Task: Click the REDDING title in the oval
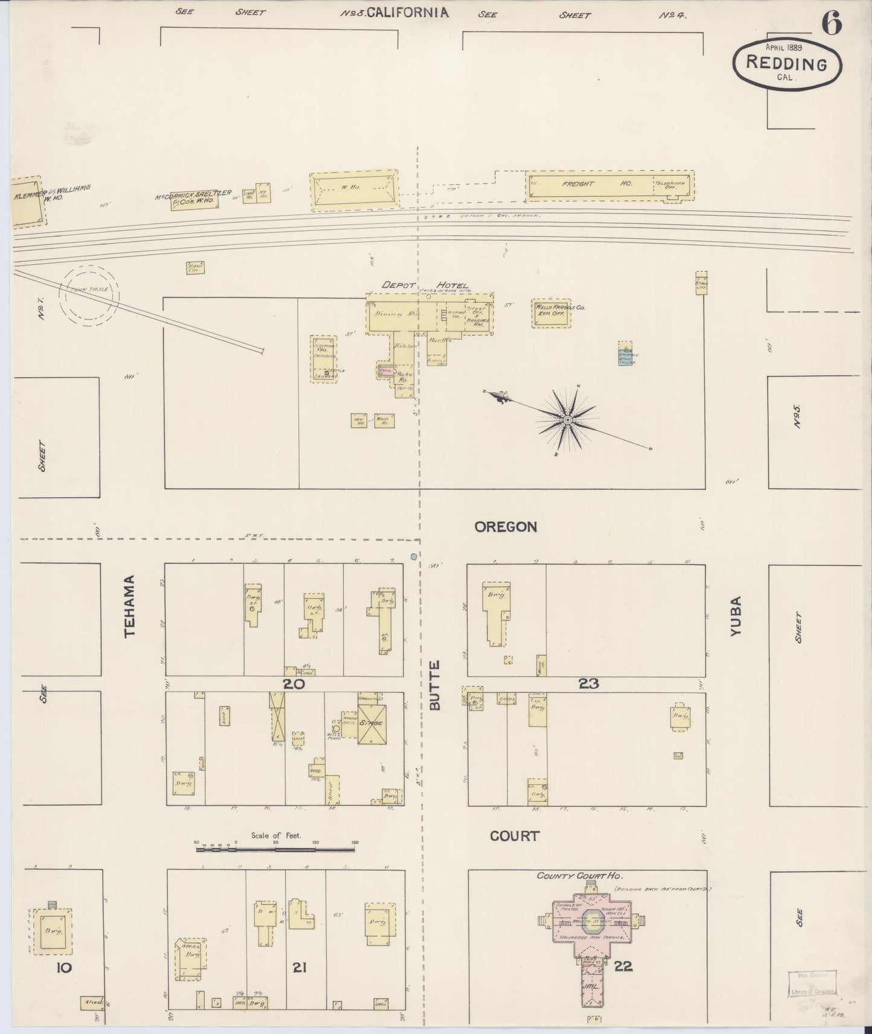coord(786,62)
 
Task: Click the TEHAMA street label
coord(129,606)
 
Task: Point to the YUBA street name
coord(736,615)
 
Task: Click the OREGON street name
coord(505,527)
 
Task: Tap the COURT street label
coord(514,836)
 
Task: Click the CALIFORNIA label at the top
coord(407,12)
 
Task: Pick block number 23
coord(589,684)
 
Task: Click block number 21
coord(300,968)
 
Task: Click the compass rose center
coord(567,420)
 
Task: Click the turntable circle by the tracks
coord(89,294)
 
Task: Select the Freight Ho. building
coord(609,185)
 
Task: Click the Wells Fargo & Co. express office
coord(550,313)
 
